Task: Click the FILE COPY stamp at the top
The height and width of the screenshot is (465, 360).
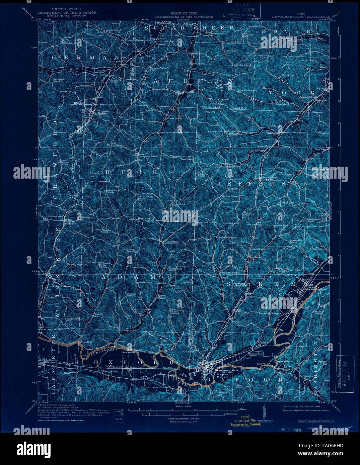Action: click(241, 10)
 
